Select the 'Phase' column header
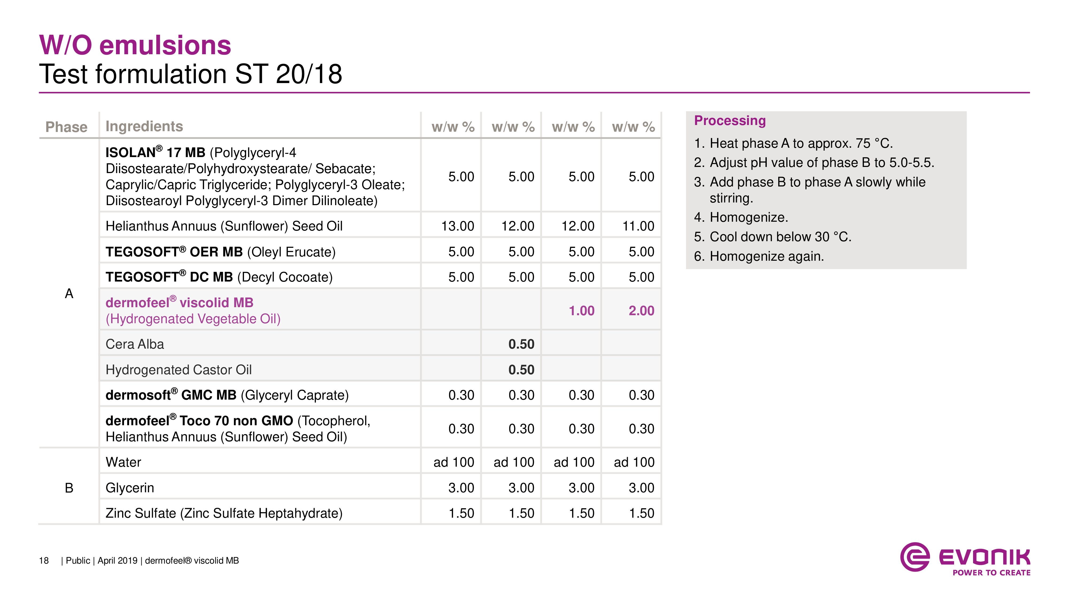[x=66, y=127]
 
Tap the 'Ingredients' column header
[x=144, y=126]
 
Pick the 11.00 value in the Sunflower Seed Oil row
[x=638, y=226]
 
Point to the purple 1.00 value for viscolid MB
[x=581, y=311]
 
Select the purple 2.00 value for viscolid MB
[x=641, y=311]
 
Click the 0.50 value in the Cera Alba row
[x=521, y=344]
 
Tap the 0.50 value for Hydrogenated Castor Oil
[x=521, y=370]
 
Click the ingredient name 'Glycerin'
[x=130, y=488]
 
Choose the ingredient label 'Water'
[x=123, y=462]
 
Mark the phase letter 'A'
[x=69, y=294]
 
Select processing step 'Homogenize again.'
[x=766, y=256]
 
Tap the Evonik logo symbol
[x=914, y=557]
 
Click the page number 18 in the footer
[x=44, y=561]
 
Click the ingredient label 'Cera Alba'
[x=135, y=344]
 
